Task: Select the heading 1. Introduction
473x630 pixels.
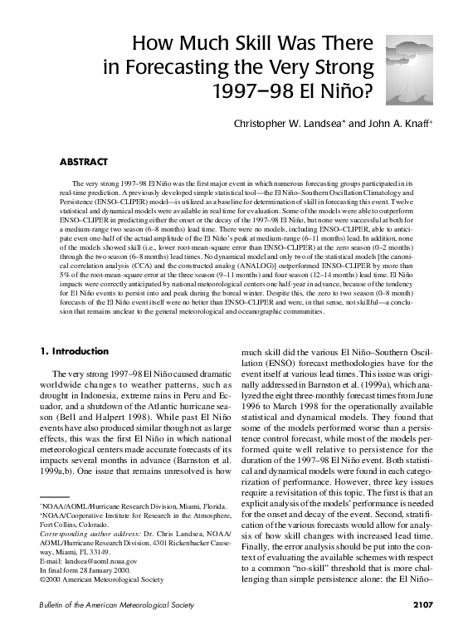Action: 78,351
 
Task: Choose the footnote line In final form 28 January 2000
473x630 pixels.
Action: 86,569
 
